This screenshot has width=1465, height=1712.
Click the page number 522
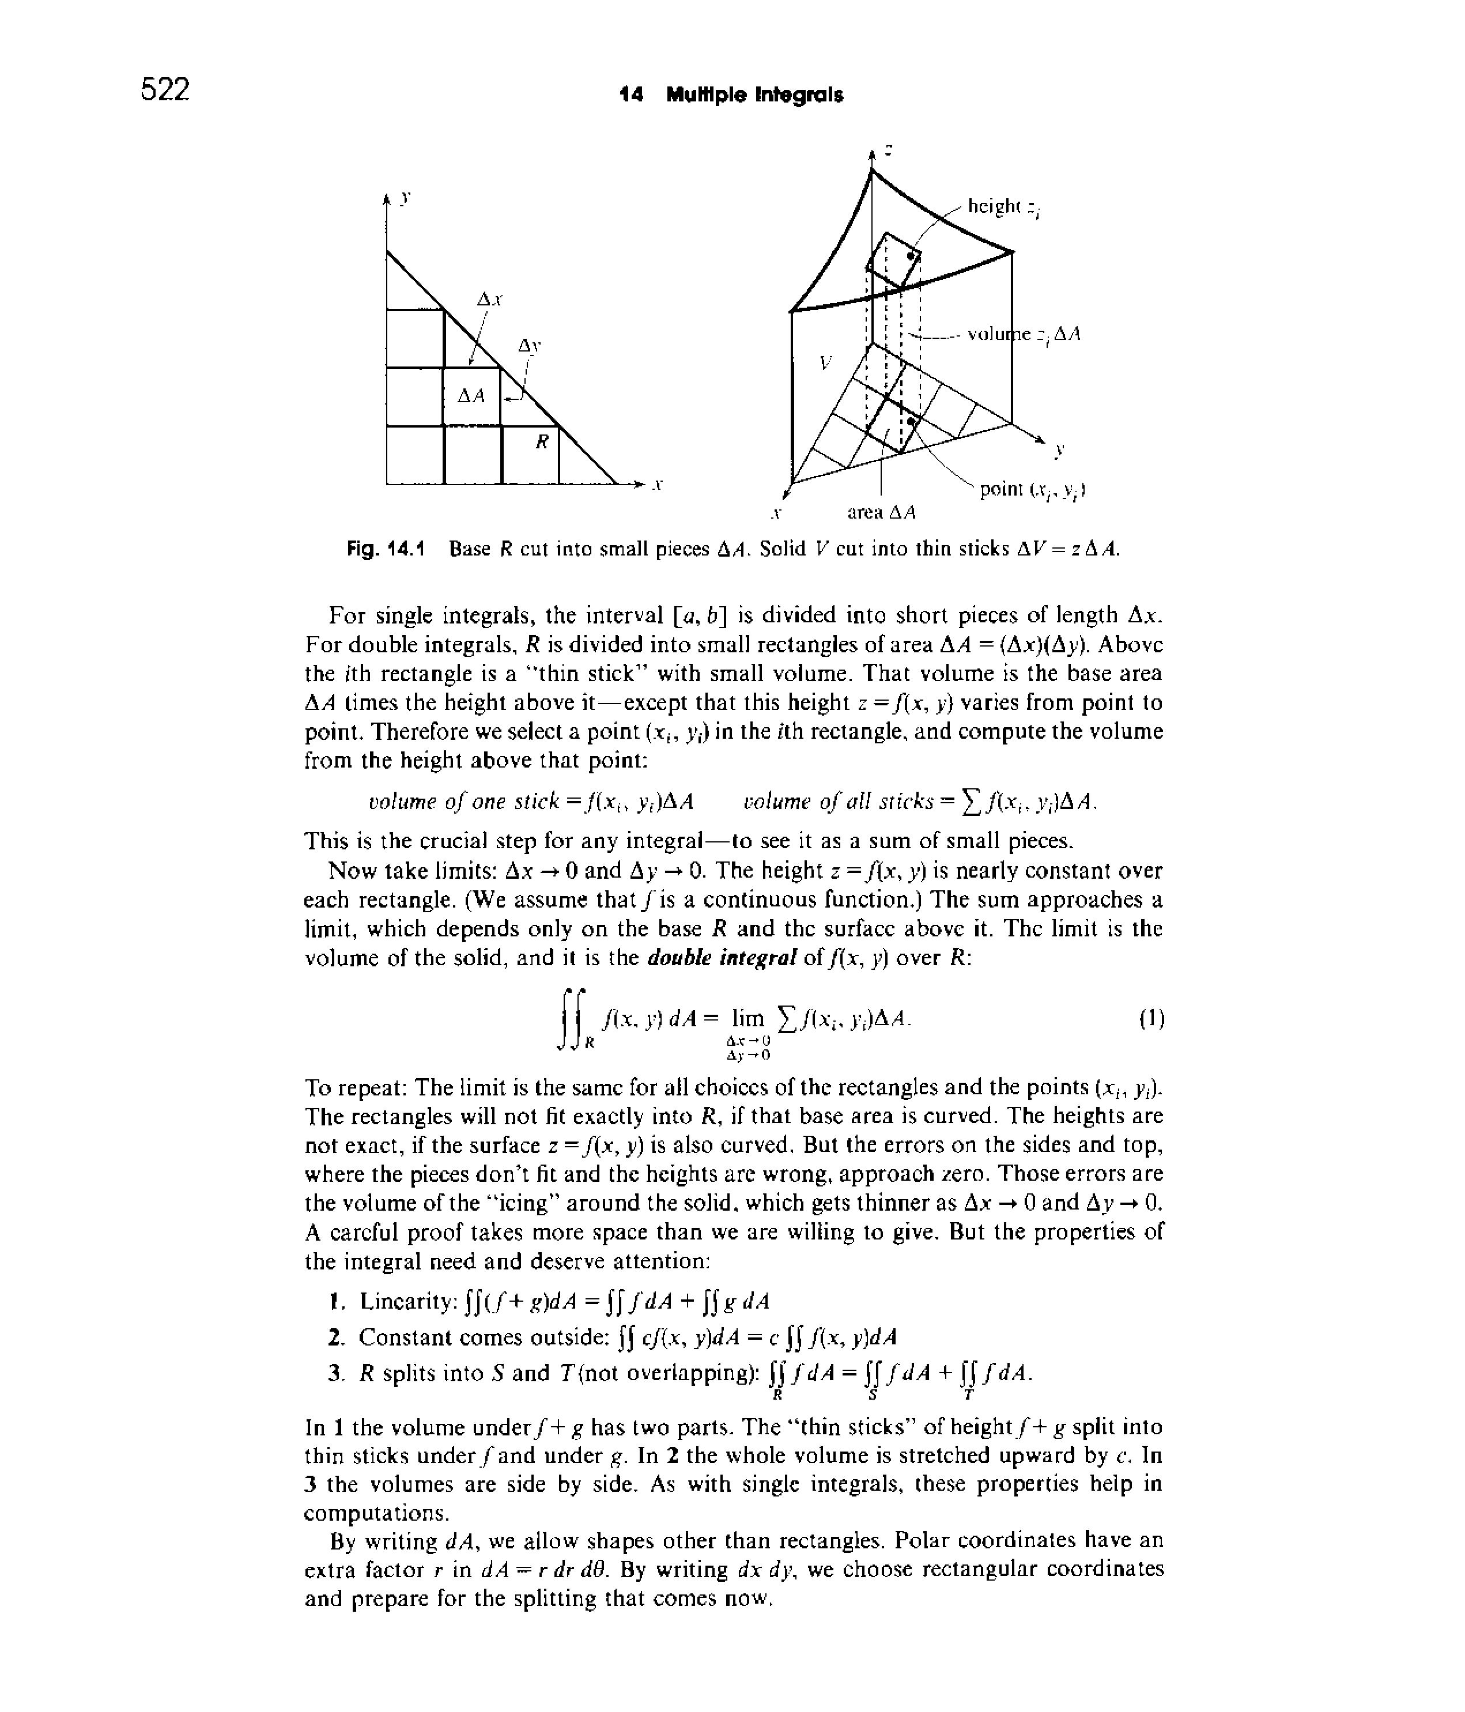click(x=165, y=89)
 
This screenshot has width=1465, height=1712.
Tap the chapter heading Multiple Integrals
click(x=754, y=96)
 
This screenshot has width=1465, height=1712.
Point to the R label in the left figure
click(x=542, y=442)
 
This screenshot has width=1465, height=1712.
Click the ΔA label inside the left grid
click(x=470, y=396)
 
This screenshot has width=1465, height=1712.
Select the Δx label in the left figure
click(x=490, y=300)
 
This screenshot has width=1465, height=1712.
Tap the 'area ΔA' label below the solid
click(x=882, y=513)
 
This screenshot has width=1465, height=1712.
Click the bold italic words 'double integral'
click(x=722, y=958)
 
